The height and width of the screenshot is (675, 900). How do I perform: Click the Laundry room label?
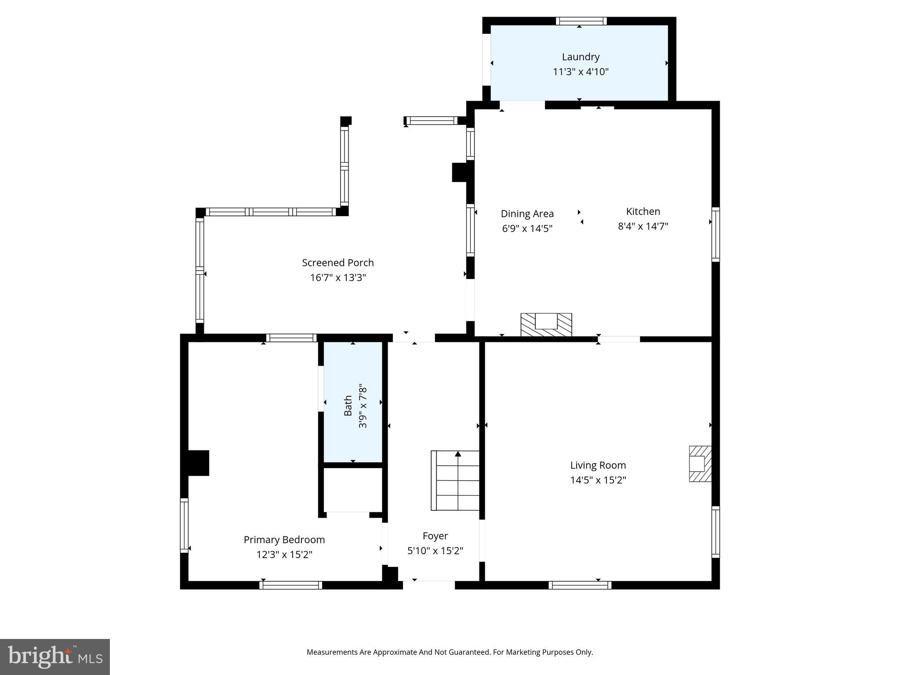[581, 57]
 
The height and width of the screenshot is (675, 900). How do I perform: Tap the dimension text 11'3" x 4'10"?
[581, 72]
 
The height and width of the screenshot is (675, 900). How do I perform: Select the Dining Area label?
[527, 214]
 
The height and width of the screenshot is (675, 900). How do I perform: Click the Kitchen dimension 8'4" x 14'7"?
[643, 226]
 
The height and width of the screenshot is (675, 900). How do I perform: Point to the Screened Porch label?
[337, 263]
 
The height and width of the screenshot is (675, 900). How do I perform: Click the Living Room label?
[598, 465]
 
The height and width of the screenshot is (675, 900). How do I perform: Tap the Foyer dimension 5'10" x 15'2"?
[435, 551]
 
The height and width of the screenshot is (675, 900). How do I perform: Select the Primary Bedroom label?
[284, 540]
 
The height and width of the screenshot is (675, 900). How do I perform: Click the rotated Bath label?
[348, 405]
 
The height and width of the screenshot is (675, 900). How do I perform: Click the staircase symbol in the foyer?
[455, 480]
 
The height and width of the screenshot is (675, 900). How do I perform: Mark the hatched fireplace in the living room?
[700, 464]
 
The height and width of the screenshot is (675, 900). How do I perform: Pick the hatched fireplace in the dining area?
[546, 325]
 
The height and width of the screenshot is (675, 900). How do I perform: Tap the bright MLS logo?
[55, 657]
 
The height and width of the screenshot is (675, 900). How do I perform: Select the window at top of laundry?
[581, 21]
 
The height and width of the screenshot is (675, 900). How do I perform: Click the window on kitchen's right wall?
[715, 234]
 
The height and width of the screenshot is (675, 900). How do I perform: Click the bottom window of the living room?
[580, 585]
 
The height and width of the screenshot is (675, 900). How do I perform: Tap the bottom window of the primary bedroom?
[290, 585]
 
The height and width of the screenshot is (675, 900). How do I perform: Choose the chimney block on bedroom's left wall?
[198, 463]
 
